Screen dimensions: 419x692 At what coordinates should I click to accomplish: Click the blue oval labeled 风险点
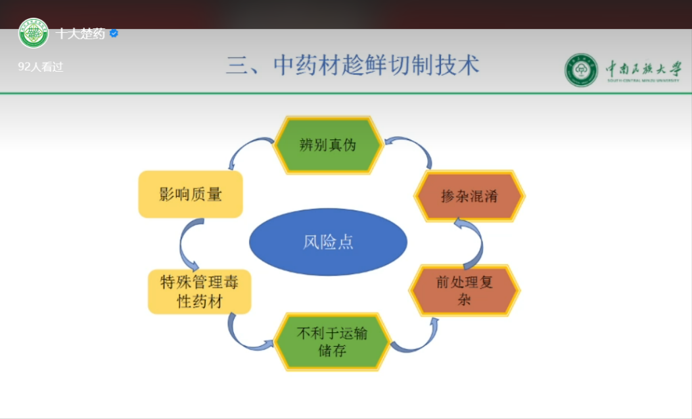(x=328, y=242)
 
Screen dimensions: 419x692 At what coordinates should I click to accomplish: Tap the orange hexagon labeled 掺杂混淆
(x=469, y=196)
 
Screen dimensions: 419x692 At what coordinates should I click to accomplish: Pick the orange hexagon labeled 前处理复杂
(x=465, y=291)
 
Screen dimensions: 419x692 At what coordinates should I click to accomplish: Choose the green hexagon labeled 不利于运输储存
(x=332, y=342)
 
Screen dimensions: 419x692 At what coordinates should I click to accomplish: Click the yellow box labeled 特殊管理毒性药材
(x=199, y=291)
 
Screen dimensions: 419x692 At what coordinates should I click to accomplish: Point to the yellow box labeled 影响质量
(x=191, y=194)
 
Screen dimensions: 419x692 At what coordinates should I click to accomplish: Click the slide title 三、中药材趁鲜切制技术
(x=353, y=65)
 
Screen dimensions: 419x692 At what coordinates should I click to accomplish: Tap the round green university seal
(x=581, y=70)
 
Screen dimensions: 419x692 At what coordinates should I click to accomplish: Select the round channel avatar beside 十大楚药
(x=34, y=33)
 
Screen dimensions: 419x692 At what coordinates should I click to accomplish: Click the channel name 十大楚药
(x=80, y=34)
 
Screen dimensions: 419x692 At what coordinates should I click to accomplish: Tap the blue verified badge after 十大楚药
(x=114, y=34)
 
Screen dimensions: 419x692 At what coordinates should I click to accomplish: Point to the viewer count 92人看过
(x=41, y=66)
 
